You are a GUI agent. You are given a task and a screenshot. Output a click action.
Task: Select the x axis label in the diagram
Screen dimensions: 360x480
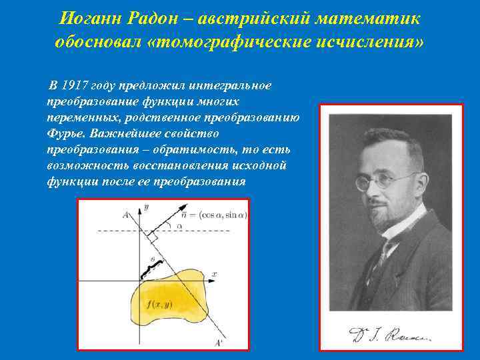(214, 274)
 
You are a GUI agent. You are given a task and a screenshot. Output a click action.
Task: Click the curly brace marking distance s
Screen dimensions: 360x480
(152, 267)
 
